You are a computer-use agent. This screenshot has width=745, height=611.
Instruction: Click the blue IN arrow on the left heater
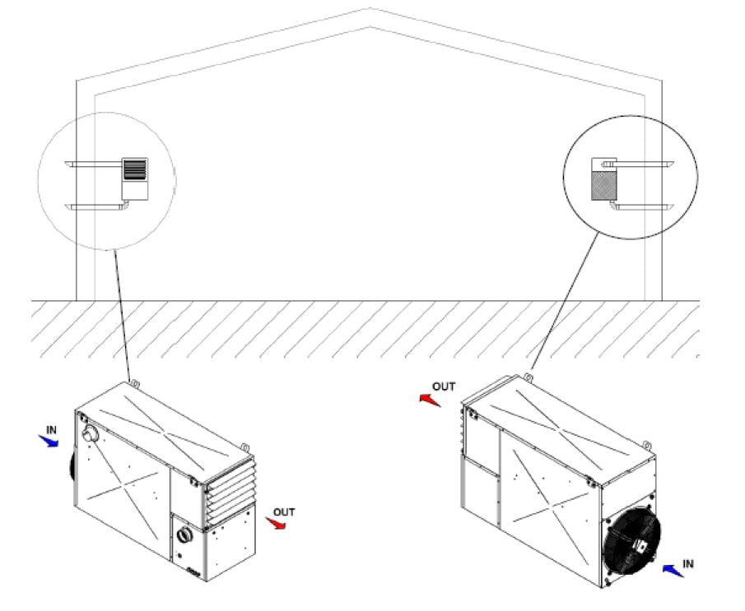pos(49,442)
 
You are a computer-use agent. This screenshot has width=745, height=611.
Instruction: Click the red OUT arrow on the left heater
pos(276,523)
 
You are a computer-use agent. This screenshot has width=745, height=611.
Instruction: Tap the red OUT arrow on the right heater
pos(430,400)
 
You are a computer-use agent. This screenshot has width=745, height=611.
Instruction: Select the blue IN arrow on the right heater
pos(673,570)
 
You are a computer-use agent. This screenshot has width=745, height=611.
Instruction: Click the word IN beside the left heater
pos(51,430)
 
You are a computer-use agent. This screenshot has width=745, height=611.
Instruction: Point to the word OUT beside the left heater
pos(284,512)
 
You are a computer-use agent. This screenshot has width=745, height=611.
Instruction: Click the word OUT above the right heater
pos(444,387)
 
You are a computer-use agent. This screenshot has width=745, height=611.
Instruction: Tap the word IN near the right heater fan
pos(688,564)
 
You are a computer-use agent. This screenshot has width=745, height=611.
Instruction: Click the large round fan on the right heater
pos(631,541)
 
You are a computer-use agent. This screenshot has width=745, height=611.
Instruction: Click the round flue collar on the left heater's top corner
pos(90,434)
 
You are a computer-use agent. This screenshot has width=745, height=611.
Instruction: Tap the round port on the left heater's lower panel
pos(184,535)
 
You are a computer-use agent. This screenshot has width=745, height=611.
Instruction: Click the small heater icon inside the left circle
pos(135,178)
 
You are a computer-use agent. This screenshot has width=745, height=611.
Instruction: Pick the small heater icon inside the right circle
pos(604,178)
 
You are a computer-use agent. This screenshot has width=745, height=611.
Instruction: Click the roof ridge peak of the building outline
pos(370,8)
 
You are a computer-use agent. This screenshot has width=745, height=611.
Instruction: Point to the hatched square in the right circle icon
pos(604,186)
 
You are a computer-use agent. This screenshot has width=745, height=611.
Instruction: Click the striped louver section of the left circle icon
pos(135,169)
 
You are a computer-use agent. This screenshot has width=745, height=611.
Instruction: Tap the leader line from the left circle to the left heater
pos(122,316)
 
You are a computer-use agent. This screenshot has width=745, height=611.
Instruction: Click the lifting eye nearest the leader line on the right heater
pos(528,377)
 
